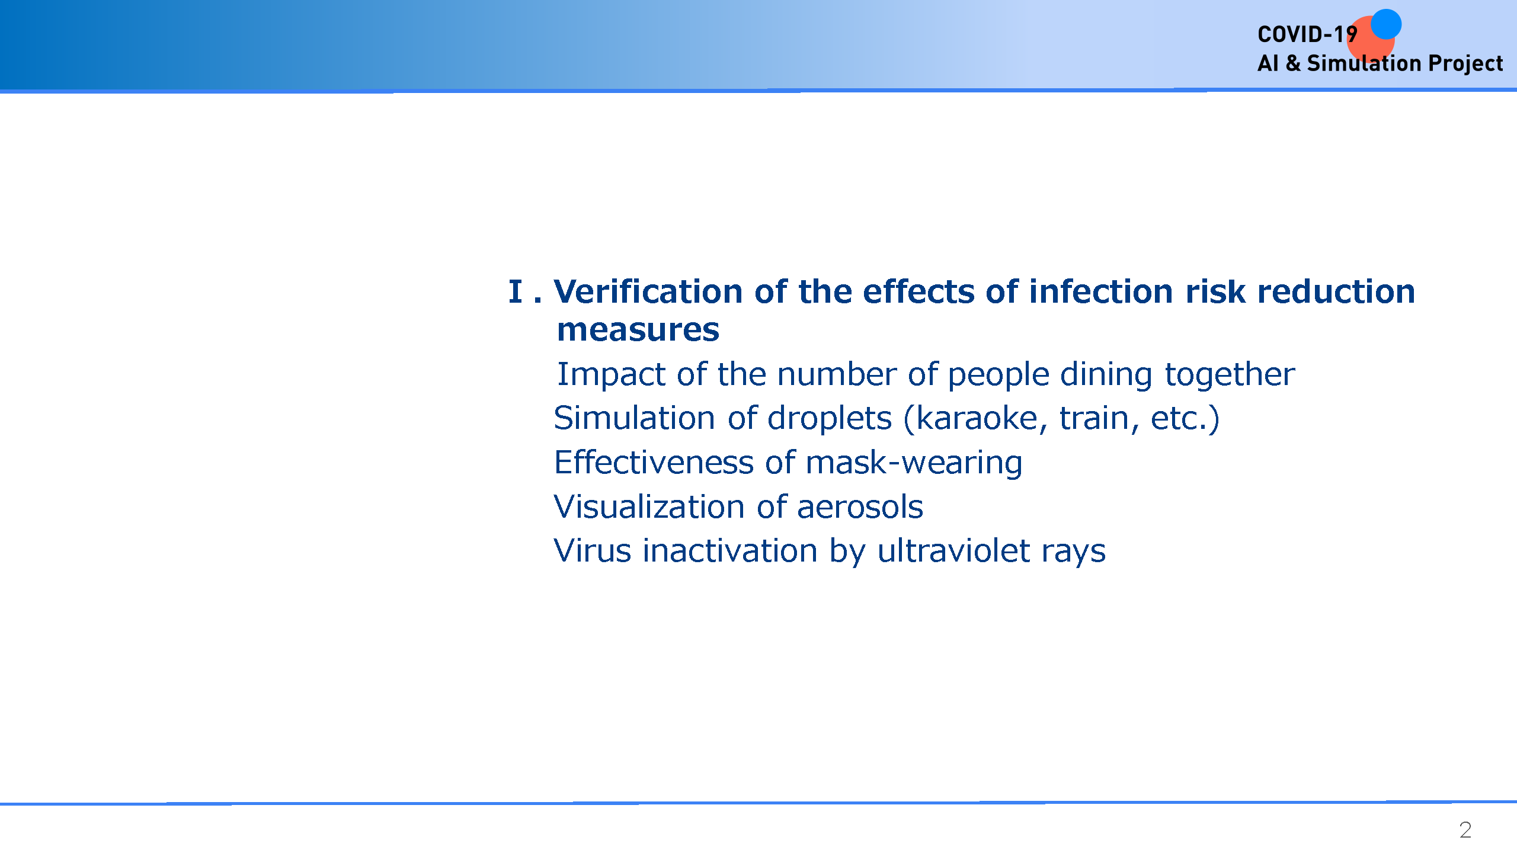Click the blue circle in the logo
coord(1386,24)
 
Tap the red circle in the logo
coord(1371,39)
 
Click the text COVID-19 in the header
coord(1307,34)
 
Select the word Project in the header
coord(1465,63)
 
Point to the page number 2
coord(1465,830)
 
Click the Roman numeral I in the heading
coord(516,291)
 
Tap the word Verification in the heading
coord(648,291)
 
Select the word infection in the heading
coord(1100,291)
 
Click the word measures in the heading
coord(638,330)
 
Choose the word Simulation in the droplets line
coord(634,418)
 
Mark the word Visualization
coord(649,507)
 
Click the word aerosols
coord(860,507)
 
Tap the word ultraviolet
coord(953,551)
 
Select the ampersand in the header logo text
coord(1293,63)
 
